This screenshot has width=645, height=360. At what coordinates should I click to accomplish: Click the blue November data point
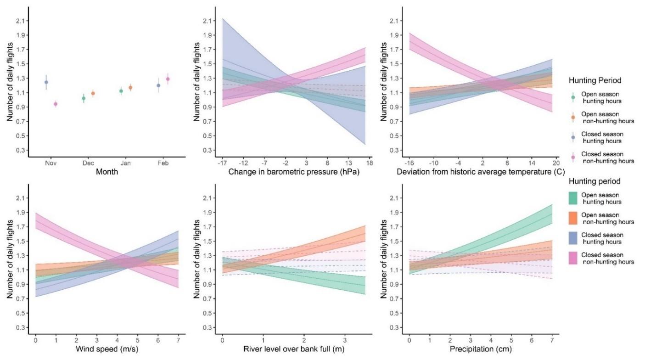pos(46,82)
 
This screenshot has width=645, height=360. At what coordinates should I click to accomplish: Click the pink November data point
pos(56,104)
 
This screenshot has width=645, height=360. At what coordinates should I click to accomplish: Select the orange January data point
pos(130,87)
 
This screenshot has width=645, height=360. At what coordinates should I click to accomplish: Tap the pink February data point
pos(168,79)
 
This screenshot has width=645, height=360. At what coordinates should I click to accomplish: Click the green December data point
pos(84,98)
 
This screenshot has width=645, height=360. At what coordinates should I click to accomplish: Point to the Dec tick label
pos(88,163)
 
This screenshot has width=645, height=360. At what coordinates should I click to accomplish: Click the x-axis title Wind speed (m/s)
pos(106,349)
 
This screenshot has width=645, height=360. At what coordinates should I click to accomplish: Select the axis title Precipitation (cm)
pos(480,349)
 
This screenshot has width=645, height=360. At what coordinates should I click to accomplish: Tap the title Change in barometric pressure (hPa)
pos(293,172)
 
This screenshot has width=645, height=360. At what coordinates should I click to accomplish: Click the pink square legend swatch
pos(572,258)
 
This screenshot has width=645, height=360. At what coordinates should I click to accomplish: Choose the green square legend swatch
pos(572,198)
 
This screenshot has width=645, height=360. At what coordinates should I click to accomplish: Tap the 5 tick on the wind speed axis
pos(137,341)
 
